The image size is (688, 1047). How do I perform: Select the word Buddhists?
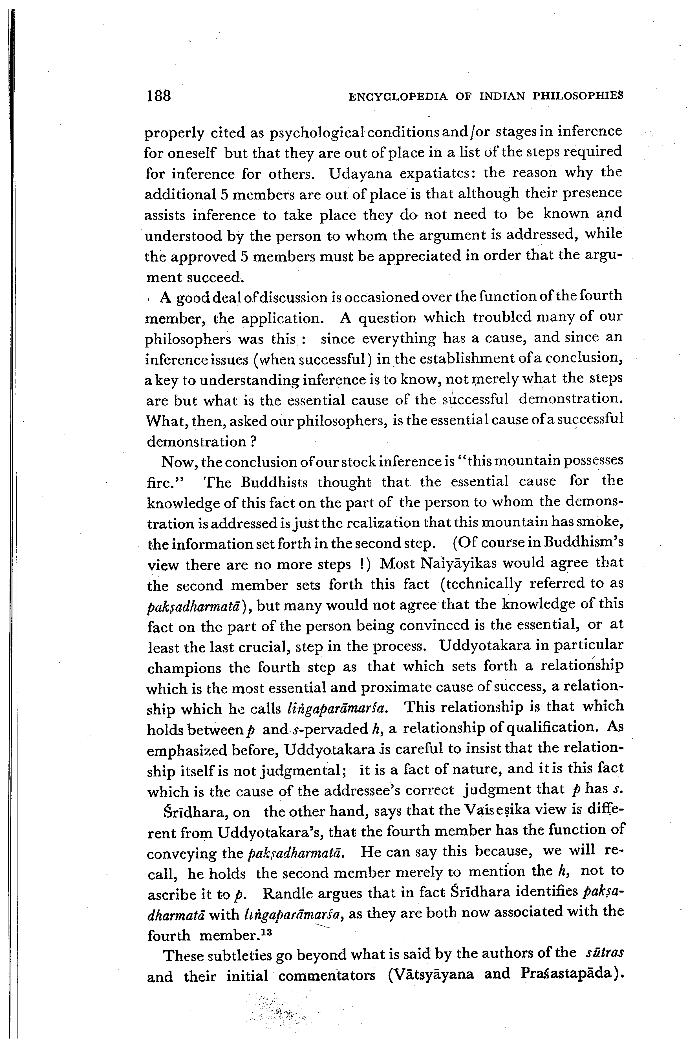pyautogui.click(x=275, y=482)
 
